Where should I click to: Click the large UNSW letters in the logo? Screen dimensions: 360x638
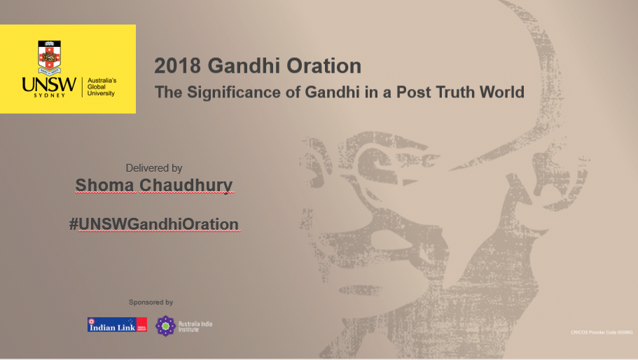[x=49, y=84]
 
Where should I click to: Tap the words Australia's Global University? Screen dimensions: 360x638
[x=102, y=87]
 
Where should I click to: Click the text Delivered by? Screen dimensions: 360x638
[x=154, y=168]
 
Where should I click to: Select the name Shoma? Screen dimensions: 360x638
[x=105, y=186]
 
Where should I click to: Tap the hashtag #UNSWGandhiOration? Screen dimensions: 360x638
[x=154, y=224]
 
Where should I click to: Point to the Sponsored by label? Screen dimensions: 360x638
[x=151, y=303]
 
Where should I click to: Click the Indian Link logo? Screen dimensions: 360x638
[x=117, y=325]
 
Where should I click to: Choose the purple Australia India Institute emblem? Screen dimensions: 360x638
[x=165, y=326]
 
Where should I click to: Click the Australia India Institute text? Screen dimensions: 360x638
[x=195, y=326]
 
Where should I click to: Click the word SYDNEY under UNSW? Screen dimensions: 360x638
[x=49, y=96]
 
